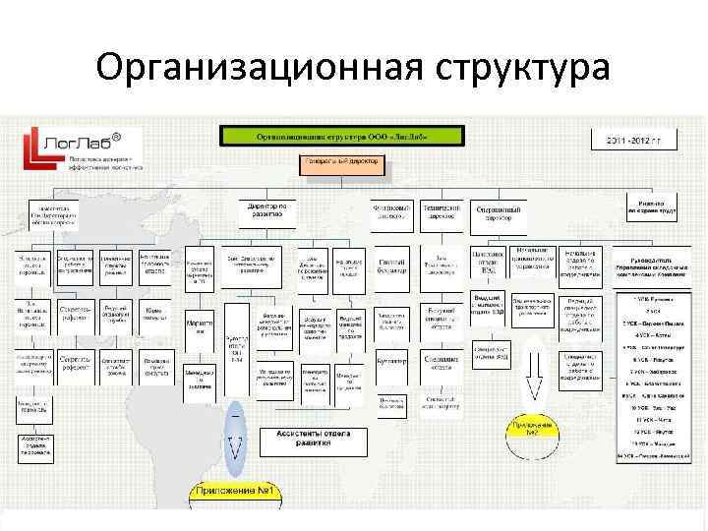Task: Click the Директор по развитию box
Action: pos(265,211)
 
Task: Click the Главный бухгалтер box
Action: pos(392,266)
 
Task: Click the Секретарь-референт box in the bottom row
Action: pos(75,364)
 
